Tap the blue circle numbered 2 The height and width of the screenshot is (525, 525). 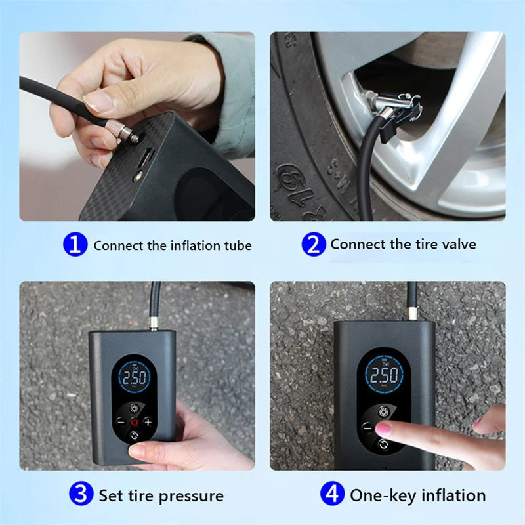coord(314,245)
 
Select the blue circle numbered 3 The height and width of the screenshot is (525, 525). coord(81,493)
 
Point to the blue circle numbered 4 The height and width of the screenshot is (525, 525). coord(332,493)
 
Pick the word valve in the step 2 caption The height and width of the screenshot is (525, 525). coord(457,245)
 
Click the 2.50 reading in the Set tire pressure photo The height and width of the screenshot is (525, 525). coord(135,379)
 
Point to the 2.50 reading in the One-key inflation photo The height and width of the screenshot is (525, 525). coord(383,375)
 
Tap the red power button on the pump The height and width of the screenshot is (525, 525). coord(135,422)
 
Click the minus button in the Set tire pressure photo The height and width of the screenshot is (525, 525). coord(120,422)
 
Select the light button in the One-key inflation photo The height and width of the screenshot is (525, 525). coord(383,411)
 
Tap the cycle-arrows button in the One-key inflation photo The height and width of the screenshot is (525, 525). coord(383,444)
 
